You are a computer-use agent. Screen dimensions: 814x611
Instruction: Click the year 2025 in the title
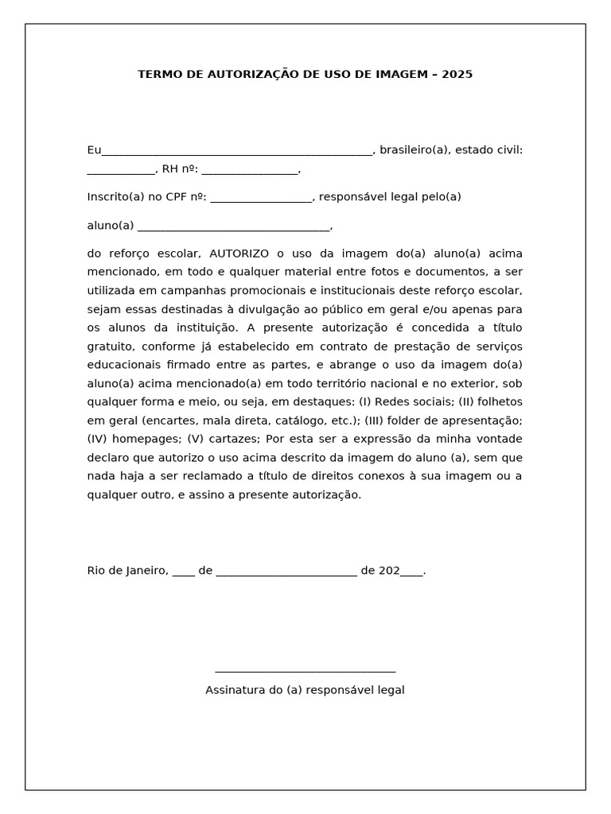457,74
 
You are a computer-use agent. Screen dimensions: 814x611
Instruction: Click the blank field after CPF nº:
262,200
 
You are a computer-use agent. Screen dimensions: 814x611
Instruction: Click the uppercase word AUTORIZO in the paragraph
239,254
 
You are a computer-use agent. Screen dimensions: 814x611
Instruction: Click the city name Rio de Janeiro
127,570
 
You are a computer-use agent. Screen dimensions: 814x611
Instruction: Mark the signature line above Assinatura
305,672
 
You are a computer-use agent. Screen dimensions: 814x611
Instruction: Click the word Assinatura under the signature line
235,690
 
